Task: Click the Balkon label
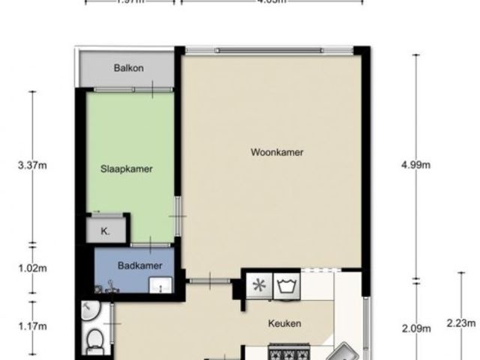[129, 68]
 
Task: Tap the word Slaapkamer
[127, 169]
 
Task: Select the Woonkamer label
[277, 152]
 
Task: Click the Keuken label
[285, 324]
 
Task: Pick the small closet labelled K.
[105, 232]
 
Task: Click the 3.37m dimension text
[32, 167]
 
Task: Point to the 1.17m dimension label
[32, 326]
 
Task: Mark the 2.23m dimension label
[460, 323]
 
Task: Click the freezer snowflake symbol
[260, 285]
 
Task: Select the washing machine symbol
[286, 285]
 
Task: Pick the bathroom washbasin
[160, 286]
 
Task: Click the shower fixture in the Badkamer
[110, 284]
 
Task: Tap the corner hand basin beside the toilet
[88, 309]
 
